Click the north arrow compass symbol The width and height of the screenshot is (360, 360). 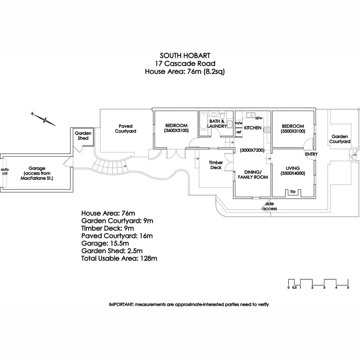tap(43, 119)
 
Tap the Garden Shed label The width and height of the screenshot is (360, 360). tap(83, 136)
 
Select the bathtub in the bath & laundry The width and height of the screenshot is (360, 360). tap(203, 121)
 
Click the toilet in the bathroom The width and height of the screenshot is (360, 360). tap(222, 115)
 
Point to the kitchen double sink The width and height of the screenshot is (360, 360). tap(251, 115)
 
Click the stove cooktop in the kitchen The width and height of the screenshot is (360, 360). tap(267, 130)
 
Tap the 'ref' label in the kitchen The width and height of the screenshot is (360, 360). tap(239, 132)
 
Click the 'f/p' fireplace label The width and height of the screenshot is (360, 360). tap(293, 191)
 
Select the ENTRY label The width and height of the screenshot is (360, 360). tap(311, 154)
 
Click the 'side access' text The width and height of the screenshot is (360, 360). tap(270, 206)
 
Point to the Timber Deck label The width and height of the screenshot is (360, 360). tap(216, 165)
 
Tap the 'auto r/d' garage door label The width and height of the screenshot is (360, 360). tap(5, 171)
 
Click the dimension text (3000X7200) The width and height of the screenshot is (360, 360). tap(252, 150)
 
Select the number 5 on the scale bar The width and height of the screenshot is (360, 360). tap(348, 287)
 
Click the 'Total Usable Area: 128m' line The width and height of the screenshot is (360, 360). tap(119, 258)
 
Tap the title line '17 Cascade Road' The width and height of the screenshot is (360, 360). tap(185, 63)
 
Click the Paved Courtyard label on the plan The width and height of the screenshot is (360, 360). tap(125, 129)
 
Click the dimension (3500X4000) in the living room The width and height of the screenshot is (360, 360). tap(293, 173)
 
